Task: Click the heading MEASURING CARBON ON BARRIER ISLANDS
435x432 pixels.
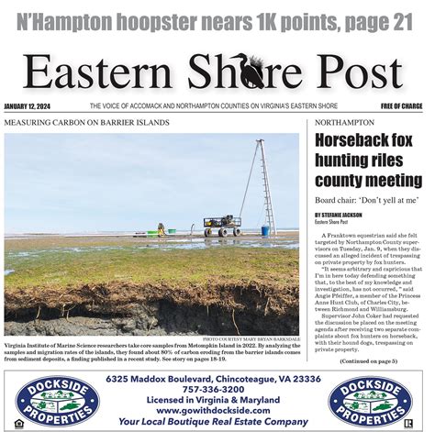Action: [x=87, y=122]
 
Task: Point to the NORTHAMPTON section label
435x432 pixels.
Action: [x=343, y=122]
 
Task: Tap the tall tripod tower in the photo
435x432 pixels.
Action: [x=263, y=188]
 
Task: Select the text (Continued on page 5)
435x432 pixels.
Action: [x=367, y=361]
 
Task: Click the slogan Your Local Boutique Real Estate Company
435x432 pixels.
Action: [x=217, y=421]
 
